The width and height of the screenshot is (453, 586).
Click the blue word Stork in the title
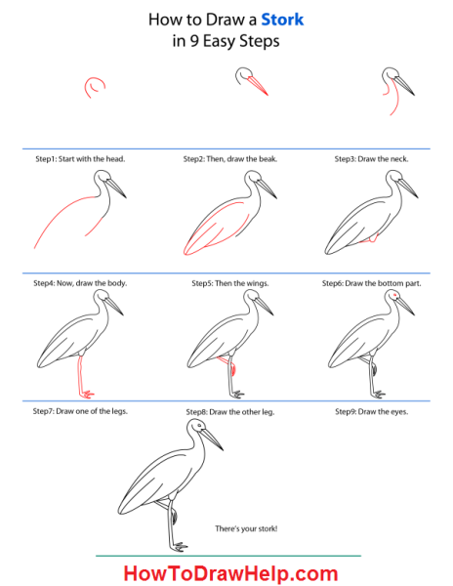point(282,20)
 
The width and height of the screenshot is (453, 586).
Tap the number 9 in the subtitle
point(194,41)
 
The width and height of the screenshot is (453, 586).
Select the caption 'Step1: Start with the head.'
point(80,159)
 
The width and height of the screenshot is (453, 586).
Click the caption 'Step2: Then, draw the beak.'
point(230,159)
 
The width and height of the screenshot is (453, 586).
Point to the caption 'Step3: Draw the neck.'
point(371,159)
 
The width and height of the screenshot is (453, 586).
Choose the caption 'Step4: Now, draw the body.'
point(80,283)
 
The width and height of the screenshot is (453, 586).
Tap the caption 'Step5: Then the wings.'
point(230,283)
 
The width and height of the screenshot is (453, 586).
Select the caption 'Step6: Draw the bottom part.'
point(372,283)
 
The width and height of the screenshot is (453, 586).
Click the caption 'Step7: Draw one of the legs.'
point(80,411)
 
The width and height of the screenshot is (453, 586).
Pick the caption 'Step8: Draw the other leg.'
point(230,412)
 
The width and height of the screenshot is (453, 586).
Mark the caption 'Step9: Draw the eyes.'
point(372,412)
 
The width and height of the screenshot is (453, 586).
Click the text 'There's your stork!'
point(246,528)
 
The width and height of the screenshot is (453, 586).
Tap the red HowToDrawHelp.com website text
point(230,573)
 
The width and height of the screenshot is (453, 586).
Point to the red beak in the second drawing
point(258,86)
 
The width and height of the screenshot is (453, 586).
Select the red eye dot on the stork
point(394,295)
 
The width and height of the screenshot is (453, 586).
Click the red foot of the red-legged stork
point(87,394)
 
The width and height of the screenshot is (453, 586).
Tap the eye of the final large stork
point(199,426)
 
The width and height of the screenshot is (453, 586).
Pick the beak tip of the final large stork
point(223,450)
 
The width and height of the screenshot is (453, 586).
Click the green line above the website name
point(228,556)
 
